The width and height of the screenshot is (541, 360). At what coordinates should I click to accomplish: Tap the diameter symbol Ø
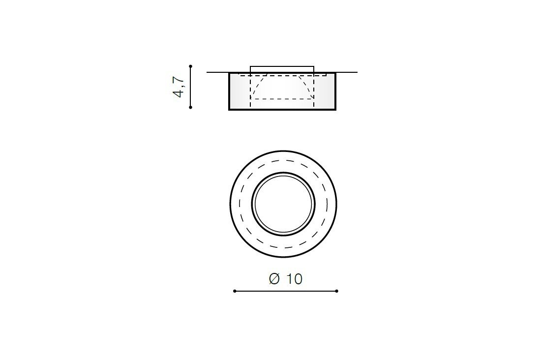point(274,279)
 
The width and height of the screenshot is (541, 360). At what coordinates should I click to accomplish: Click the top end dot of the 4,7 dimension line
point(190,66)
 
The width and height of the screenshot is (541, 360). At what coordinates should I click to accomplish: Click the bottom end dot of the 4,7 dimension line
point(190,107)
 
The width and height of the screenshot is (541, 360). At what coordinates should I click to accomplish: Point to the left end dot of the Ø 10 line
point(235,291)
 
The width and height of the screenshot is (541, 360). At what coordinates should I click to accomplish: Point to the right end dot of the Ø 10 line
point(337,291)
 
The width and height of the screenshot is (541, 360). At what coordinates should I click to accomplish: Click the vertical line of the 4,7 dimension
point(190,87)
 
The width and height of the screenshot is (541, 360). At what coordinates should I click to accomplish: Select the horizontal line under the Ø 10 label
point(286,291)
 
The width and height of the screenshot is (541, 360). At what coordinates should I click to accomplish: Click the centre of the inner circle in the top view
point(283,204)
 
